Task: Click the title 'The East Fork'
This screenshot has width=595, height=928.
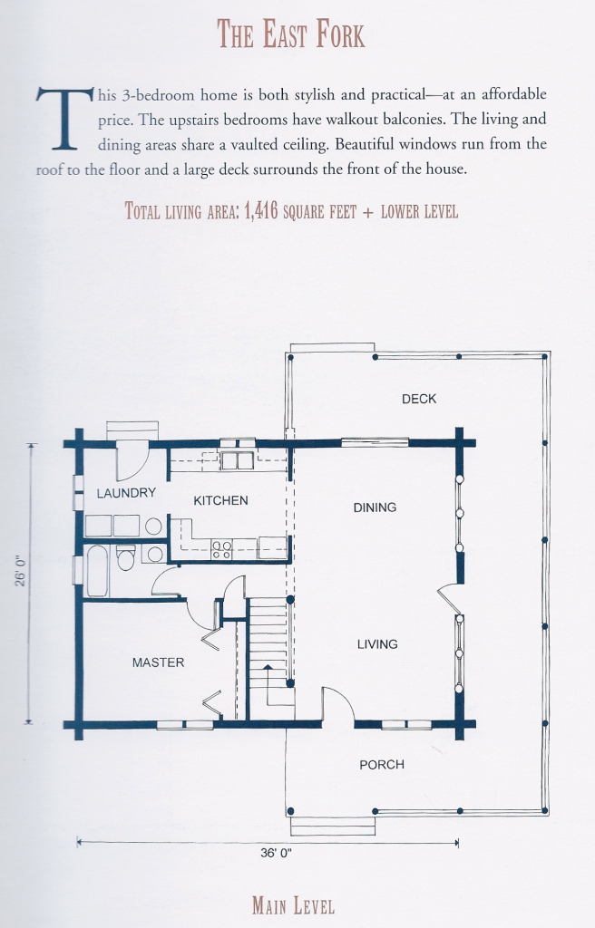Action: click(290, 34)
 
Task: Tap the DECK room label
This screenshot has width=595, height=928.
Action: click(419, 399)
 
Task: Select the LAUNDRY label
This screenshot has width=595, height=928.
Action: click(126, 492)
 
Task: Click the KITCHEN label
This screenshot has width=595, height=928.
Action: click(220, 500)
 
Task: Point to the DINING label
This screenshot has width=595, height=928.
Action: click(375, 507)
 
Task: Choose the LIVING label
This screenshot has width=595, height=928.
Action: click(377, 644)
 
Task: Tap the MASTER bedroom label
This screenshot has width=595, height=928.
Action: click(158, 662)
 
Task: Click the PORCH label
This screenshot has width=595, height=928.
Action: click(382, 765)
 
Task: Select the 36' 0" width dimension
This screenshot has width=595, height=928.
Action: click(276, 854)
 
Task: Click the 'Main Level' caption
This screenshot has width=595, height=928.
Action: click(293, 906)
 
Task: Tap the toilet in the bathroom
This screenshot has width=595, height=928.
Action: click(126, 557)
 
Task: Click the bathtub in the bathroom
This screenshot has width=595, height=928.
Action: click(98, 572)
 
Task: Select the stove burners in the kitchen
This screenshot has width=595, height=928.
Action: click(221, 550)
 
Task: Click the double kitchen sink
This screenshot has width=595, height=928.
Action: click(237, 460)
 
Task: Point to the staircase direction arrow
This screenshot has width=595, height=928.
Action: click(268, 678)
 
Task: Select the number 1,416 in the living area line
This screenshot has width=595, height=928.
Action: click(260, 211)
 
